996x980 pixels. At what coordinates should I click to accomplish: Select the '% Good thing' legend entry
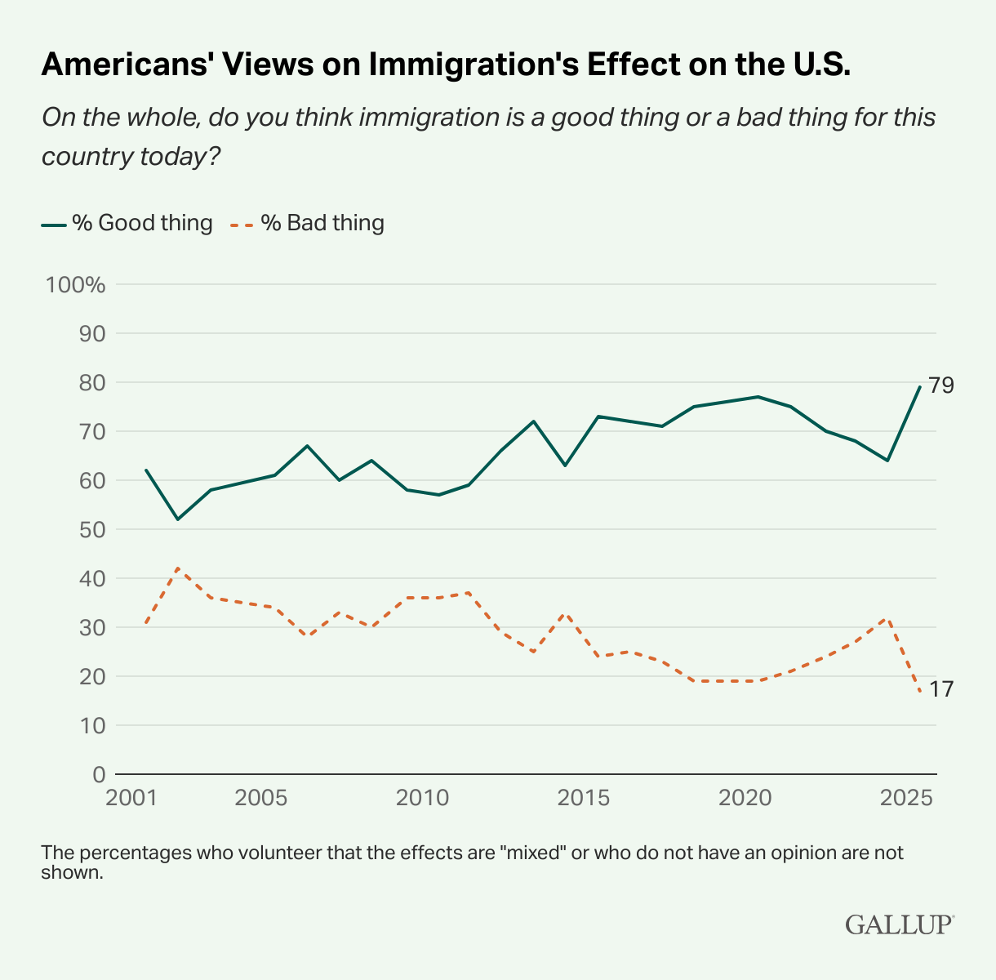127,223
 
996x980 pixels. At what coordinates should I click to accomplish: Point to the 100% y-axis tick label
76,285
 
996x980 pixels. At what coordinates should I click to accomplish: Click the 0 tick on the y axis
98,774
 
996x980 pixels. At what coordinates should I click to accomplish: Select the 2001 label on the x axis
131,797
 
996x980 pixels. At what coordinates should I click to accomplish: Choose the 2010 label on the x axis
422,797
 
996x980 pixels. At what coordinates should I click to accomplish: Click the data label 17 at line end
940,689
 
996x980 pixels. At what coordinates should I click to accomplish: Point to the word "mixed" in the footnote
537,853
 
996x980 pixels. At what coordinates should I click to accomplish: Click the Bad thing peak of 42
178,568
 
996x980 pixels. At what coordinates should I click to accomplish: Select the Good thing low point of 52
178,519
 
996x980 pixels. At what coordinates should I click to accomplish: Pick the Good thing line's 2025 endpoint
920,387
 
